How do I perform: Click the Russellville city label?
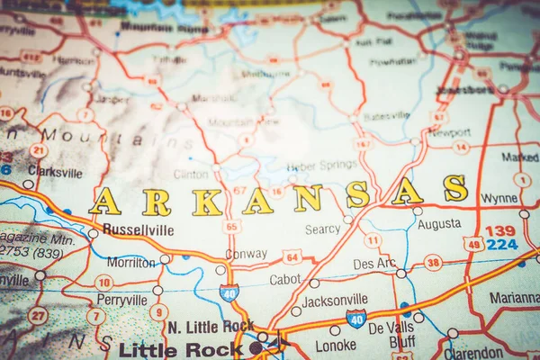coord(138,229)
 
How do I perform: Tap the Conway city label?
coord(246,255)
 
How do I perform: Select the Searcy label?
coord(322,229)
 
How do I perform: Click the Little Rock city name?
coord(173,349)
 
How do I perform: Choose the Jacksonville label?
coord(334,301)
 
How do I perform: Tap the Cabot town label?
coord(285,280)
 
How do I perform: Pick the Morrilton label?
coord(131,263)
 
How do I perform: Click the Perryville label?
coord(121,300)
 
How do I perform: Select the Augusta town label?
coord(439,224)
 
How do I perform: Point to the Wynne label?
coord(499,199)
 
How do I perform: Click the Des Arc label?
coord(374,265)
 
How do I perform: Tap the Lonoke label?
coord(336,345)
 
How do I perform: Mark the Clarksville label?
coord(54,172)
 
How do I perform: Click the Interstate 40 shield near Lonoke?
coord(356,319)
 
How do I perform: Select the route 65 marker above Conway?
coord(231,226)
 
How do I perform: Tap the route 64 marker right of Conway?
coord(292,256)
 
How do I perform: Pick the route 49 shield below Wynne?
coord(473,243)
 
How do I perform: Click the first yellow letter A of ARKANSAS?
coord(104,201)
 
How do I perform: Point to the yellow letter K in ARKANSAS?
coord(206,202)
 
